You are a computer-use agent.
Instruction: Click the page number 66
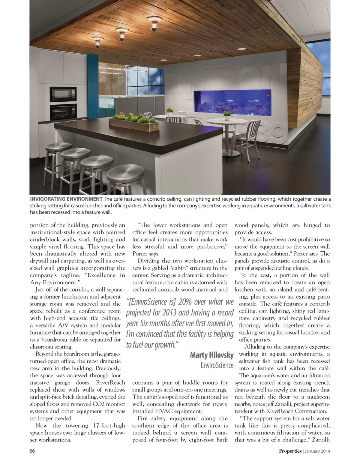(32, 451)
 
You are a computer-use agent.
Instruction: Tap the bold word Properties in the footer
(290, 451)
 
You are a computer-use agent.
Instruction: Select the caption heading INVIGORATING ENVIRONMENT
(66, 199)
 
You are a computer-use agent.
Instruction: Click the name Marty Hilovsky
(211, 355)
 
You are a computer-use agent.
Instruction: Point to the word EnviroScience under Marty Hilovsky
(217, 365)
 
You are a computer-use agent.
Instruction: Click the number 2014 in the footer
(325, 451)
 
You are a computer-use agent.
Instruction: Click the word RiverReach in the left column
(111, 383)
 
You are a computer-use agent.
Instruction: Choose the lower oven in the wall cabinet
(63, 111)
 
